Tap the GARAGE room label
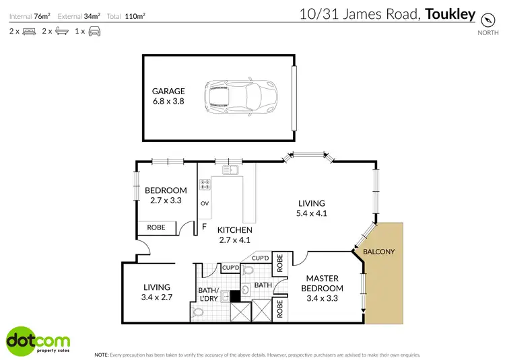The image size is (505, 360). click(x=168, y=92)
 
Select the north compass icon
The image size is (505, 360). click(x=484, y=20)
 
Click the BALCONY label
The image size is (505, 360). click(x=379, y=252)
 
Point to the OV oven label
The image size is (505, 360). click(x=205, y=203)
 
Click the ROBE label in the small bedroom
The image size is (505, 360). click(x=156, y=227)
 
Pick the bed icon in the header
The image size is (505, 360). click(x=29, y=31)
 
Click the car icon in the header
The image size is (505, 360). click(x=94, y=31)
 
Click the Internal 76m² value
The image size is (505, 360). click(x=42, y=15)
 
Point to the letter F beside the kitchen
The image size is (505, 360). click(x=204, y=227)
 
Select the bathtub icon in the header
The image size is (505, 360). click(x=61, y=31)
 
